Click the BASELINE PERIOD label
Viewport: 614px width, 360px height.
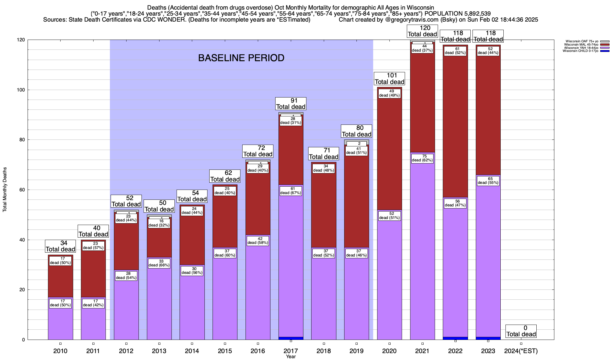coord(241,58)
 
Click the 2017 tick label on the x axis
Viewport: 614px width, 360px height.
coord(291,351)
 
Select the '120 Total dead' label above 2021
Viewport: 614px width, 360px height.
coord(422,31)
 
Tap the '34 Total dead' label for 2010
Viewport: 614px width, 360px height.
coord(60,246)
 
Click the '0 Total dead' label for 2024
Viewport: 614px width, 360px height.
coord(521,331)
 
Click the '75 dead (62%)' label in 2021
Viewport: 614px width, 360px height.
coord(422,158)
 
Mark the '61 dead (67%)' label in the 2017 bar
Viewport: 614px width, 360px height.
coord(291,191)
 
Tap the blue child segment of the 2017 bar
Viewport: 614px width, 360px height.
coord(291,338)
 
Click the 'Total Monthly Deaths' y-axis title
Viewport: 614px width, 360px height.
coord(5,190)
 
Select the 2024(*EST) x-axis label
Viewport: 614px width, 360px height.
coord(521,351)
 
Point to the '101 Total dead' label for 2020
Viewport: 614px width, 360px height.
coord(389,79)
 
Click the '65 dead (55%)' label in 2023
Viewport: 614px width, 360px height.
coord(488,181)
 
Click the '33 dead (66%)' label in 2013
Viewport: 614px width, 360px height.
coord(159,263)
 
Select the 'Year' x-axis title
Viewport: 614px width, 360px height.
coord(291,357)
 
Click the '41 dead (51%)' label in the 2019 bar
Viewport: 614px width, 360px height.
coord(356,151)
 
